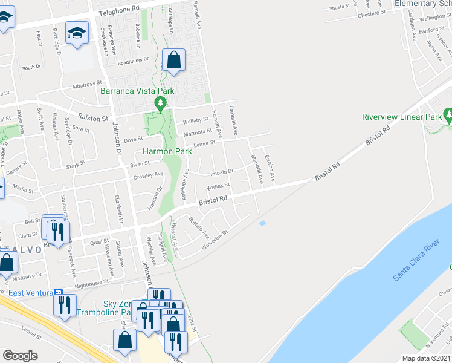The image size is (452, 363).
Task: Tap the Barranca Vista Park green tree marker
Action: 160,104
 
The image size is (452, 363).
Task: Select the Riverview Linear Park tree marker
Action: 448,114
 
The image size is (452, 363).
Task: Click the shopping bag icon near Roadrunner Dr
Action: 173,61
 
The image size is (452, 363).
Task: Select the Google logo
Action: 20,356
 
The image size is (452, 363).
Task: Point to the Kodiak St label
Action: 218,186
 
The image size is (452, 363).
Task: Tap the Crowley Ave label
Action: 149,176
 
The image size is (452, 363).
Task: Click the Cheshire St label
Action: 371,12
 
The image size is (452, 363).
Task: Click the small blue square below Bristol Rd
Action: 262,224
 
